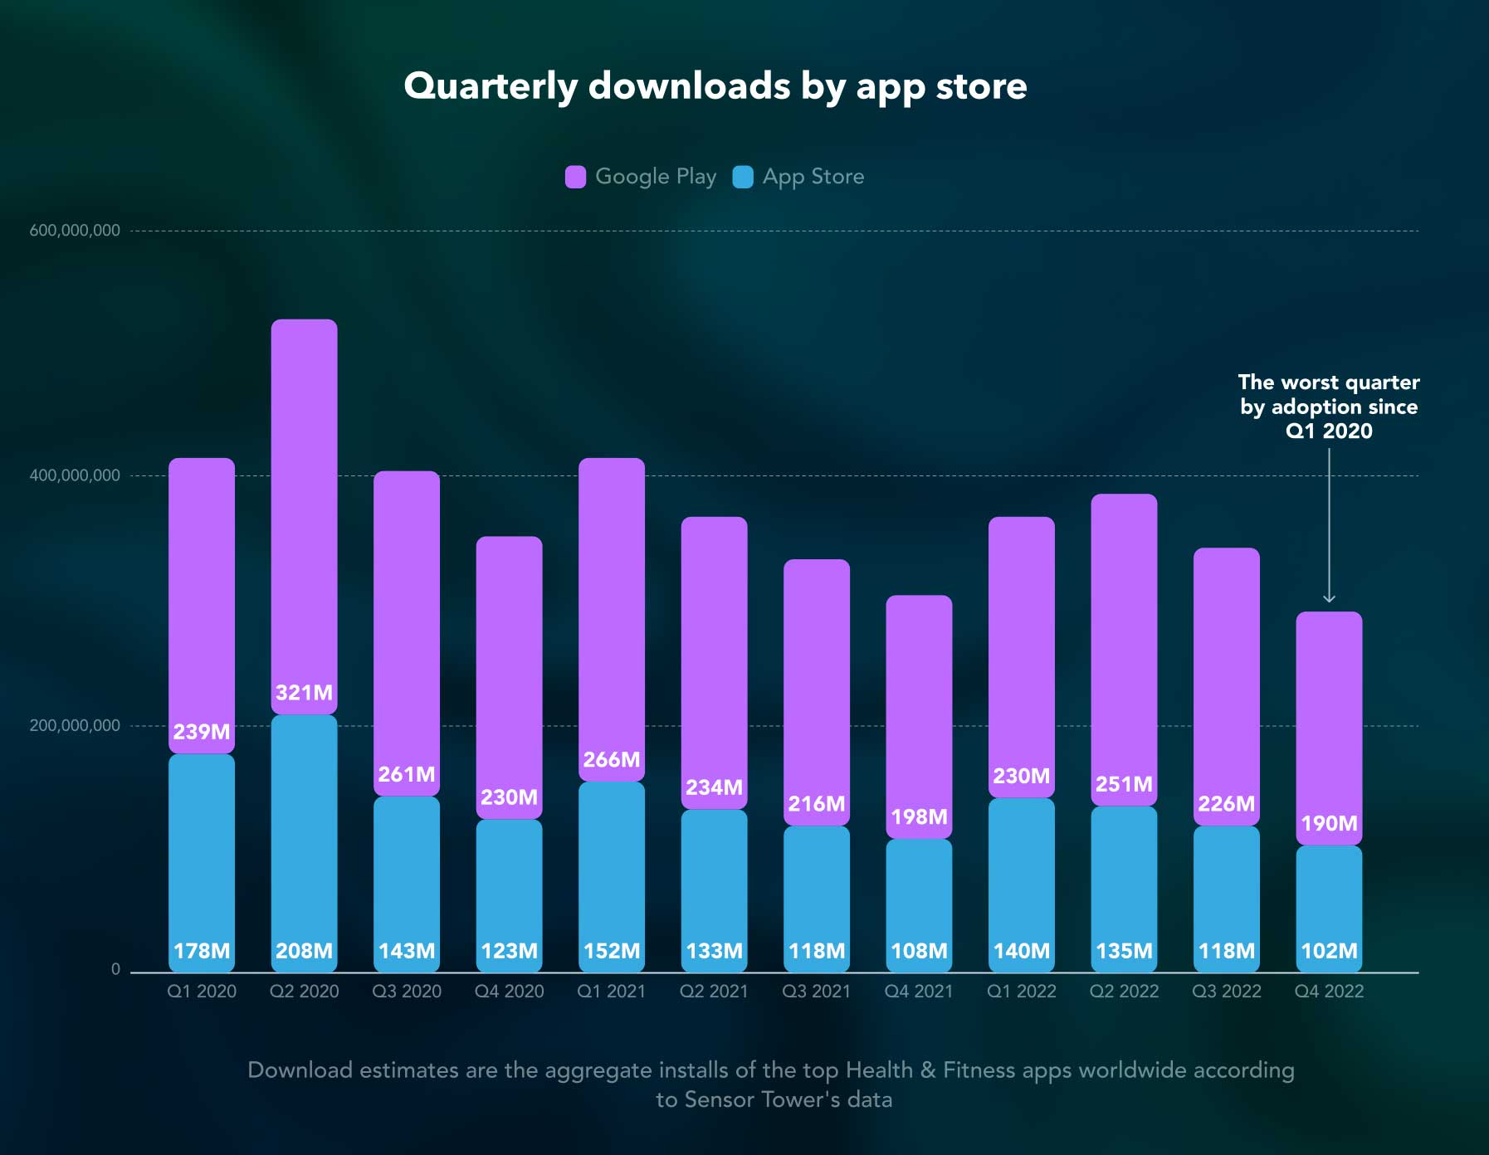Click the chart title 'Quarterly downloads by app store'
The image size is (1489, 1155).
(x=715, y=86)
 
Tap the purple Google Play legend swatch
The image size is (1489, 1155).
(x=575, y=177)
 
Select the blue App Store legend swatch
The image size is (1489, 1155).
(x=743, y=177)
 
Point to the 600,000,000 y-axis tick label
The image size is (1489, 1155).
(x=75, y=231)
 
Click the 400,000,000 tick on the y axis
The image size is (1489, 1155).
(x=75, y=475)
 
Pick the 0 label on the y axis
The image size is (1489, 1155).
(x=115, y=969)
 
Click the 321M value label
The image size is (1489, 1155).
(x=304, y=693)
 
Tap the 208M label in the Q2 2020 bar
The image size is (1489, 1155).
(x=304, y=951)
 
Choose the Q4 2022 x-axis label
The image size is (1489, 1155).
(x=1329, y=992)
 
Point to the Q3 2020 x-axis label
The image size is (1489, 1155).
(x=407, y=992)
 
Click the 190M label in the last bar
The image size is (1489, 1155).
(x=1329, y=824)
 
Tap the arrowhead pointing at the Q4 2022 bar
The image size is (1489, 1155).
(x=1329, y=598)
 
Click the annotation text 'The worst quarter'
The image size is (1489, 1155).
(x=1329, y=383)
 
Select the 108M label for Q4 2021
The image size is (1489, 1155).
(x=919, y=951)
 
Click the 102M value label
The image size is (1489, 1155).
(x=1329, y=951)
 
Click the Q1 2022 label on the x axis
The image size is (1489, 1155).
(x=1021, y=992)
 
